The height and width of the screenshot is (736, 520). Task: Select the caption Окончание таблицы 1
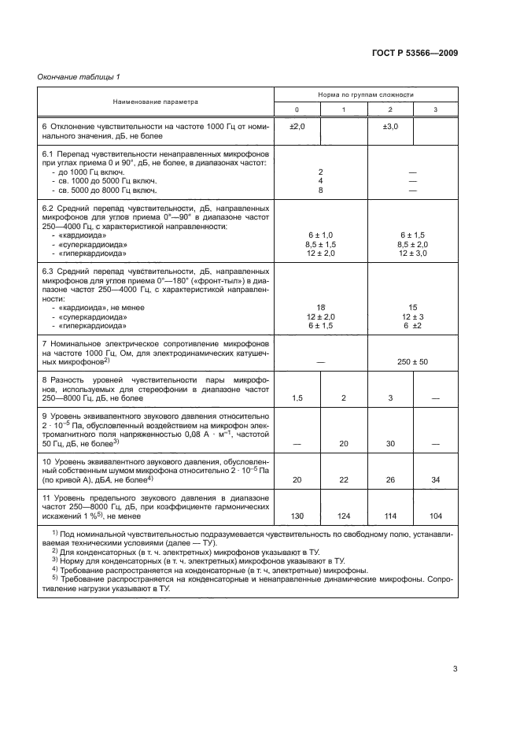click(79, 76)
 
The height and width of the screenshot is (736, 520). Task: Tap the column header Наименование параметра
click(155, 102)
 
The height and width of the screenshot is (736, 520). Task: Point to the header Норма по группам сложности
click(365, 94)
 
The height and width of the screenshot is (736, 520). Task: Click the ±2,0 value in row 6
click(297, 126)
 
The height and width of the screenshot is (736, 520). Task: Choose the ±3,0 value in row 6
click(390, 126)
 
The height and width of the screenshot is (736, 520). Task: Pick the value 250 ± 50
click(412, 361)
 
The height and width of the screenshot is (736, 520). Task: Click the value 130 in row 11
click(297, 516)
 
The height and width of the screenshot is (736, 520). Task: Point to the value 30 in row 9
click(390, 444)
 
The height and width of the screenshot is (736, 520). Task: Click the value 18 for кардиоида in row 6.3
click(321, 308)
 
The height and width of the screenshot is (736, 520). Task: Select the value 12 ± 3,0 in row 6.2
click(412, 253)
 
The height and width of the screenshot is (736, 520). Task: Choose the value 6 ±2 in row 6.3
click(412, 325)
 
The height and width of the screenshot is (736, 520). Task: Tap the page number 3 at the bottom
click(455, 670)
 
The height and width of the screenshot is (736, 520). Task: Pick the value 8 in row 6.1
click(321, 190)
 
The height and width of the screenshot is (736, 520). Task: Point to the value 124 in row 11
click(344, 516)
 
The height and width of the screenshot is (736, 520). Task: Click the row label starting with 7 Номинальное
click(155, 345)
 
